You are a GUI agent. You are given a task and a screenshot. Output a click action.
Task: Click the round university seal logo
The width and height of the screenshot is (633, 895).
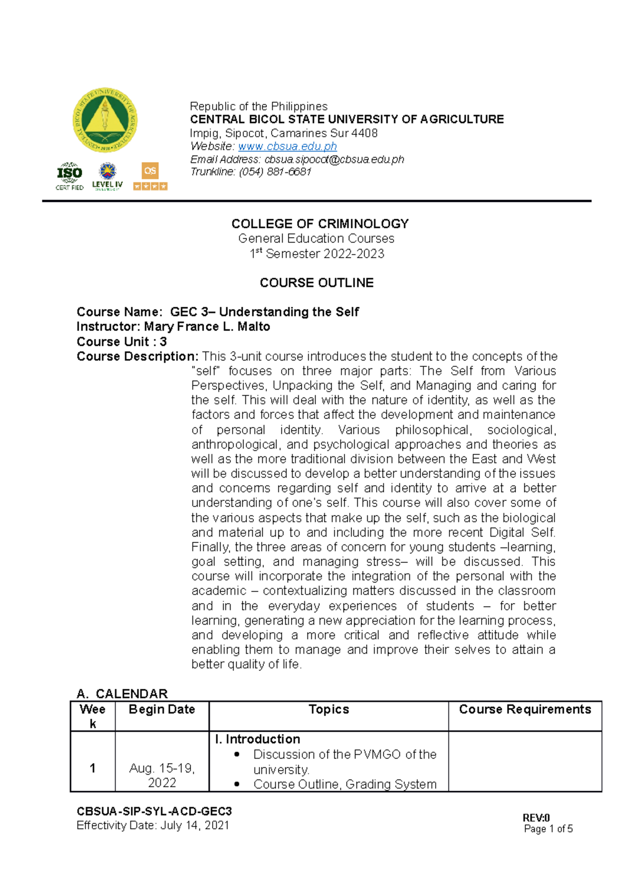pos(105,120)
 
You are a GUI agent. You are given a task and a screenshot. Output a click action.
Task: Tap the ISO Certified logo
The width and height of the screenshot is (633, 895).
pos(70,176)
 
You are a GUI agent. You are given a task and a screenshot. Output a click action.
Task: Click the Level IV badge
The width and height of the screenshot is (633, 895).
pos(108,177)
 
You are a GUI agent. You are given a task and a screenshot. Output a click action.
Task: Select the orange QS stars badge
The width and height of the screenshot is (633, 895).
pos(150,177)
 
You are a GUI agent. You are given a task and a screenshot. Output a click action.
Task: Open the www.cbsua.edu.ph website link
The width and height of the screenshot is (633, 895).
pos(287,147)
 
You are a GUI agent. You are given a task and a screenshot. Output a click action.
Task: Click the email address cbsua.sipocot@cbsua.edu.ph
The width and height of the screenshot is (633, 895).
pos(334,160)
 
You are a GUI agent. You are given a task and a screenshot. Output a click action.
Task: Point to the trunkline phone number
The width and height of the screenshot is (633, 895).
pos(275,172)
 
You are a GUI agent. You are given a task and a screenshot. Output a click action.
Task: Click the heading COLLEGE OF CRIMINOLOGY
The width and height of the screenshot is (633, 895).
pos(320,224)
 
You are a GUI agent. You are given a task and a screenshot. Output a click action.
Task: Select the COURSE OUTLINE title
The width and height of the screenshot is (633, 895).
pos(316,283)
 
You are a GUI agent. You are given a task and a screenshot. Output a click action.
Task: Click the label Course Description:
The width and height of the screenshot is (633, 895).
pos(137,357)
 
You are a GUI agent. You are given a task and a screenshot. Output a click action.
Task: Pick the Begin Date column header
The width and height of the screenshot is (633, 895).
pos(162,709)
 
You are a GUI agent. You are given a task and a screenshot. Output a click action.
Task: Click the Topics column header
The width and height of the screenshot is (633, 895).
pos(329,709)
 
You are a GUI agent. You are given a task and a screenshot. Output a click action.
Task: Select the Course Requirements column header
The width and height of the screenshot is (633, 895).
pos(525,709)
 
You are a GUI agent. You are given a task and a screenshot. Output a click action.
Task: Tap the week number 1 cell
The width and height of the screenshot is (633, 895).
pos(93,768)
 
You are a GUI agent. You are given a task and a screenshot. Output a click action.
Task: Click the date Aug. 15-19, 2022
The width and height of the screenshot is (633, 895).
pos(162,775)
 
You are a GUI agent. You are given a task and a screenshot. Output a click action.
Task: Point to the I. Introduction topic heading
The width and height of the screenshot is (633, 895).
pos(257,740)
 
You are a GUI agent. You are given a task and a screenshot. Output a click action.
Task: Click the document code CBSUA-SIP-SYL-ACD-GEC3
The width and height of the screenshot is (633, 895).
pos(154,812)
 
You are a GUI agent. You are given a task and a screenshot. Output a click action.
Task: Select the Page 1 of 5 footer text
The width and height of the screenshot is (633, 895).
pos(548,829)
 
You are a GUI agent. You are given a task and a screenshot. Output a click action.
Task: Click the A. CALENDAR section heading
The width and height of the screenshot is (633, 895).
pos(122,694)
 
